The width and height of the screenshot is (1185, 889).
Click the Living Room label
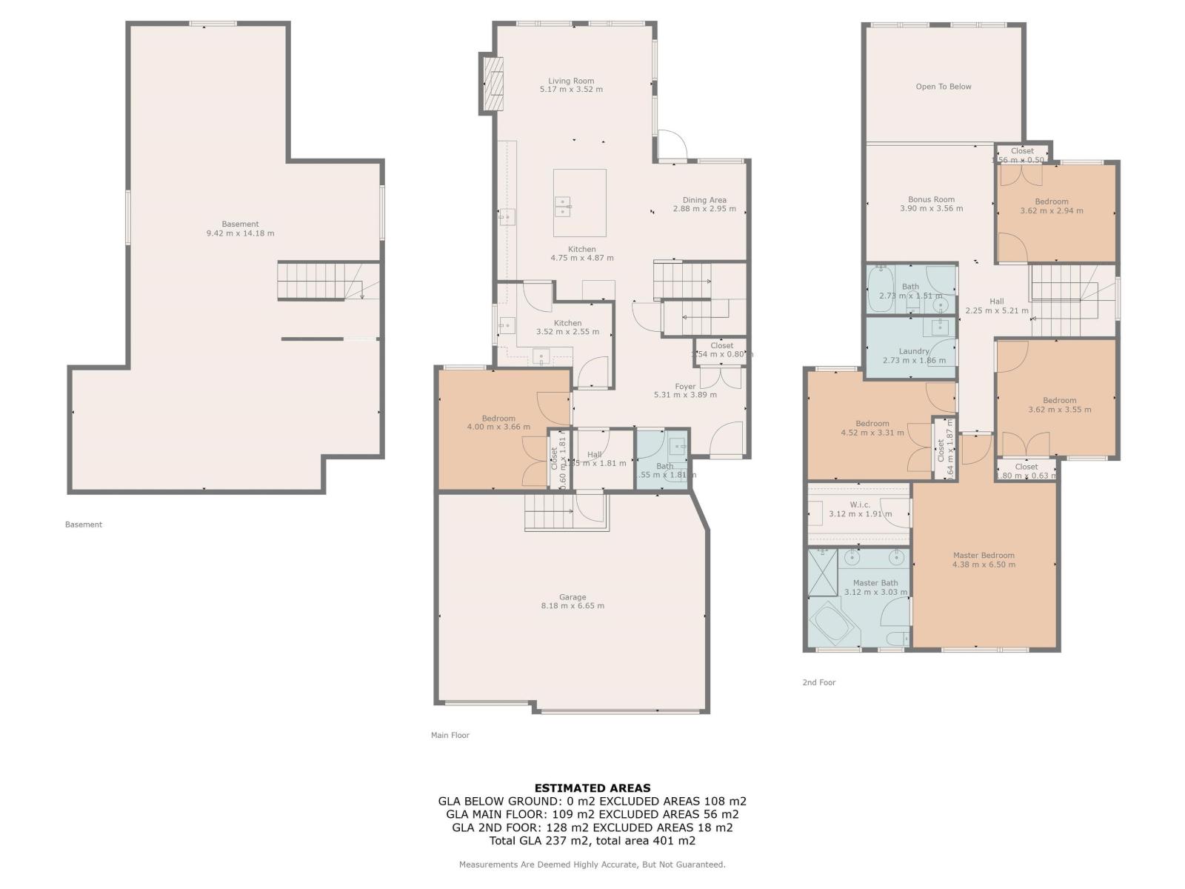pos(571,81)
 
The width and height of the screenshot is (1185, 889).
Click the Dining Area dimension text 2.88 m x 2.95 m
pos(704,209)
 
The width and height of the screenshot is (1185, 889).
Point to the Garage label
pos(573,597)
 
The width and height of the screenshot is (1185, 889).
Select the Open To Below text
pos(943,87)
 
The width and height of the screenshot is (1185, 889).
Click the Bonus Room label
pos(931,199)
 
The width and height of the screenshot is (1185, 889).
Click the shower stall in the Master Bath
pos(821,572)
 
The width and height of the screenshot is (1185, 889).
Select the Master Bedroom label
pos(984,556)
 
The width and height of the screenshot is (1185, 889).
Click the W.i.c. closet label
pos(859,505)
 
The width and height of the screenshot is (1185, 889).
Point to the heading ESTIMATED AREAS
pos(592,788)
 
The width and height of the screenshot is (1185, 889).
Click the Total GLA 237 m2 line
pos(592,841)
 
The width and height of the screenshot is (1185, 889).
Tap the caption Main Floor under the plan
pos(450,736)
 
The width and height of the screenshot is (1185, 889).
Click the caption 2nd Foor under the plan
pos(818,682)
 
